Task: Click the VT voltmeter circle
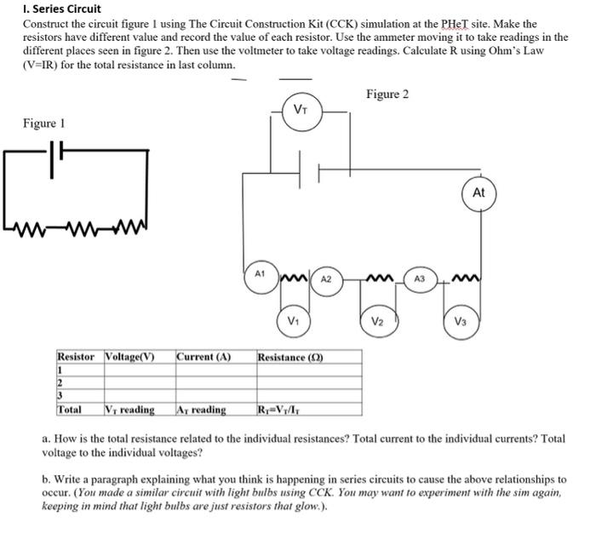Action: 301,110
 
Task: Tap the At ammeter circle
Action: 478,193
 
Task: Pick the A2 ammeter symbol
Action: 326,278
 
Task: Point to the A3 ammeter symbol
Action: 419,278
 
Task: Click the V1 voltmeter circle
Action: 293,321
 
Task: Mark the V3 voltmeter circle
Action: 461,321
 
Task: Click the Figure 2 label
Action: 387,94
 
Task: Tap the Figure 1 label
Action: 44,123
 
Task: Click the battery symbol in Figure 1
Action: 58,161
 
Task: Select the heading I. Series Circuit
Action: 61,9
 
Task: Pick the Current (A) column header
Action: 203,356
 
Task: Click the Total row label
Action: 69,410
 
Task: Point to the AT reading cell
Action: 202,410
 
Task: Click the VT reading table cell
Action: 129,410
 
